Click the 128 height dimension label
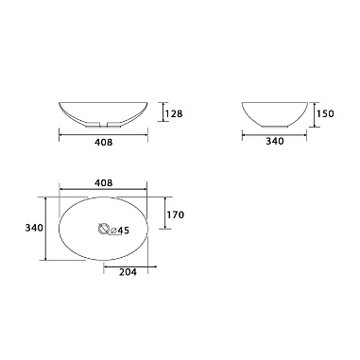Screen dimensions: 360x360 click(175, 113)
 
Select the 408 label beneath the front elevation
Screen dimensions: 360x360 click(103, 143)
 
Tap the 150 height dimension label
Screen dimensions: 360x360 click(325, 113)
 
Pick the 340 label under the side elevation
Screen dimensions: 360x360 click(275, 141)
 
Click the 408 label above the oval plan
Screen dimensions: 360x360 click(103, 182)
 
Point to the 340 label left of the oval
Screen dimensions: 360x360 click(34, 228)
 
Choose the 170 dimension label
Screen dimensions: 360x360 click(176, 214)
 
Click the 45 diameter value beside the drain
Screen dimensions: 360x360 click(124, 231)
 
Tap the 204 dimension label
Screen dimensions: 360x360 click(128, 272)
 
